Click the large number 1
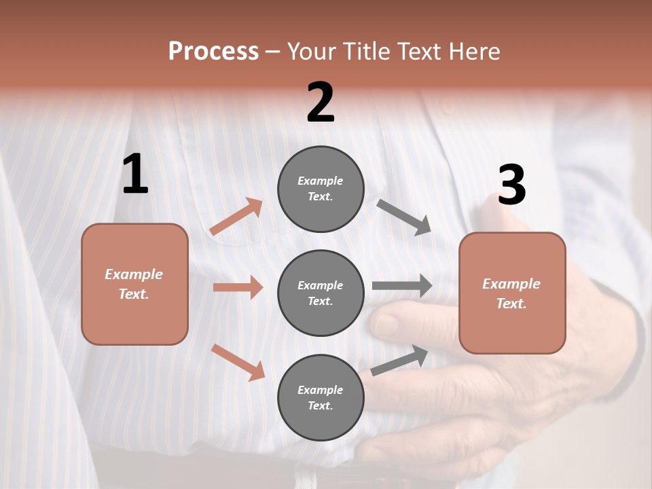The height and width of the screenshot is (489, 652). click(x=135, y=175)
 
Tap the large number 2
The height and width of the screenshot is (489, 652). click(x=321, y=103)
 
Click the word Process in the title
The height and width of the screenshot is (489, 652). click(x=213, y=51)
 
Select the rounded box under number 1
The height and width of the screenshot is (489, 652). click(x=134, y=284)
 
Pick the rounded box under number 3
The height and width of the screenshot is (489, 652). click(x=512, y=293)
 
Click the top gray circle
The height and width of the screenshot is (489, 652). click(x=321, y=189)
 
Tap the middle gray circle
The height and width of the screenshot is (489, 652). click(x=321, y=293)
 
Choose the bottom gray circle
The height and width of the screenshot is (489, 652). click(x=321, y=397)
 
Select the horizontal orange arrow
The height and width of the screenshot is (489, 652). click(x=238, y=287)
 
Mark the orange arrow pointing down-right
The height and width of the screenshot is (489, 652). click(x=238, y=362)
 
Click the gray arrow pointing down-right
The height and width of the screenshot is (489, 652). click(x=404, y=217)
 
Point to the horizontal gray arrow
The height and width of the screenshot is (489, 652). click(x=401, y=286)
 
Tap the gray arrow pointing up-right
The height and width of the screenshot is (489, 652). click(x=399, y=360)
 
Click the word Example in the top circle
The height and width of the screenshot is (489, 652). click(x=321, y=181)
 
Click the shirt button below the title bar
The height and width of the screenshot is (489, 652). click(x=446, y=107)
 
